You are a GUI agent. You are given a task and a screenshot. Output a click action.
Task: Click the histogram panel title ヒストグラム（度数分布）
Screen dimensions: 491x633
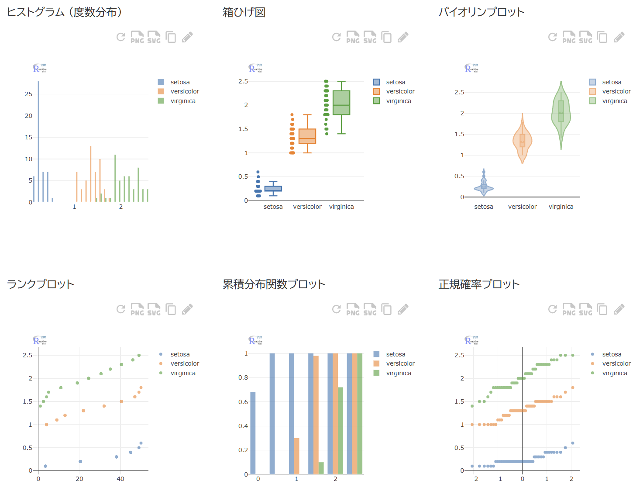[x=65, y=12]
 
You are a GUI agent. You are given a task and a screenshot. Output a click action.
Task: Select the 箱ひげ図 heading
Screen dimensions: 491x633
[x=244, y=12]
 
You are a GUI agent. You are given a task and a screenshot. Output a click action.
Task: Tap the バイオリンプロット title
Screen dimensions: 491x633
[x=481, y=12]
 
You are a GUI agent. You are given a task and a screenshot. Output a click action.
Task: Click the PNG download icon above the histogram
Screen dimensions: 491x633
[x=137, y=37]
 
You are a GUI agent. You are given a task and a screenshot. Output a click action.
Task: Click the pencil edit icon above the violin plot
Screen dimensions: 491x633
[x=619, y=37]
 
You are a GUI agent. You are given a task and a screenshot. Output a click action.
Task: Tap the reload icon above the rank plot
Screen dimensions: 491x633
[x=121, y=309]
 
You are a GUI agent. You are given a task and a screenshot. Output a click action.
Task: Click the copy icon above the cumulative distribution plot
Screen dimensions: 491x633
[x=386, y=309]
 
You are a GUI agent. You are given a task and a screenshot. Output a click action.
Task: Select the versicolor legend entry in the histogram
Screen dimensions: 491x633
[x=184, y=91]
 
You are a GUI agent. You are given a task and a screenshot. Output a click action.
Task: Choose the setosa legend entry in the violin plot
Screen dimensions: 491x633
[x=611, y=82]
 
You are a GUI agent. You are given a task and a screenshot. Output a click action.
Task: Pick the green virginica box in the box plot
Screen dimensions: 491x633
[x=341, y=103]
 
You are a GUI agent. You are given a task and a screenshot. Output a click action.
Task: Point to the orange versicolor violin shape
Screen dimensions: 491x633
[x=522, y=141]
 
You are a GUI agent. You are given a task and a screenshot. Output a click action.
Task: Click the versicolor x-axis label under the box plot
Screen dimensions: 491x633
[x=307, y=207]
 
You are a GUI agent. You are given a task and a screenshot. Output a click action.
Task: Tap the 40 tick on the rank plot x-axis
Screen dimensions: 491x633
[x=120, y=479]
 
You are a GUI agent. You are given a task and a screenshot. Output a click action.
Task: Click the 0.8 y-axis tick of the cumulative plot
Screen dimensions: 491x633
[x=243, y=377]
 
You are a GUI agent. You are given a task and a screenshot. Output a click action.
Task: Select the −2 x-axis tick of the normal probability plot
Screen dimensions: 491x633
[x=474, y=479]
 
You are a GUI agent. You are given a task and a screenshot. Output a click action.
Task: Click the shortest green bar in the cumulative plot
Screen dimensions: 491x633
[x=321, y=468]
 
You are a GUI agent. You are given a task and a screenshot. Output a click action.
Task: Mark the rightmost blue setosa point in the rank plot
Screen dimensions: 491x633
[x=141, y=443]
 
